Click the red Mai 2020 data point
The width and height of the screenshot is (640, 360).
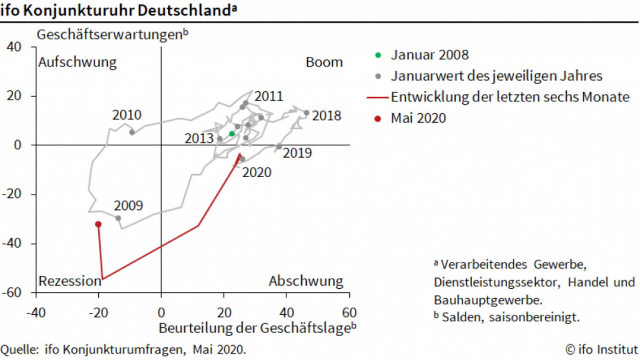click(x=98, y=224)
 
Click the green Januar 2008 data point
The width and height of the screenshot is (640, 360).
click(x=232, y=134)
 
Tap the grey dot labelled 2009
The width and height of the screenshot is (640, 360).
click(x=118, y=218)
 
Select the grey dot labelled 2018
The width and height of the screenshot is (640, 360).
click(x=306, y=112)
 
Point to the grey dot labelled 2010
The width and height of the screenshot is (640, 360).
click(x=132, y=132)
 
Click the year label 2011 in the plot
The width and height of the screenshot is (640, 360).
click(x=269, y=96)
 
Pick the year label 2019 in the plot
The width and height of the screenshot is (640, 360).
click(x=297, y=153)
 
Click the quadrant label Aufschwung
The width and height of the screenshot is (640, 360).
click(x=77, y=62)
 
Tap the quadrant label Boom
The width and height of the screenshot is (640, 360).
click(x=324, y=62)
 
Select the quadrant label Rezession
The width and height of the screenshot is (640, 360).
click(x=69, y=281)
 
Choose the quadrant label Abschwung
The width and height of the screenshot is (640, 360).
click(x=306, y=281)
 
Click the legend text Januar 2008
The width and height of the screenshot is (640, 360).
click(x=430, y=55)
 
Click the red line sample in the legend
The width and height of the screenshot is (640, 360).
click(x=378, y=97)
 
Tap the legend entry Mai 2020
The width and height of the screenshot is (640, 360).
click(x=418, y=118)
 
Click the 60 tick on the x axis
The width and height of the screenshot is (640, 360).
click(x=350, y=313)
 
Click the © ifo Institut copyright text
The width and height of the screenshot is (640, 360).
click(x=601, y=350)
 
